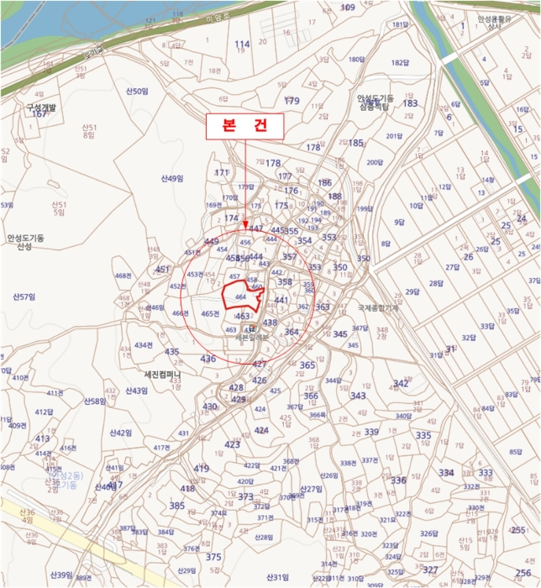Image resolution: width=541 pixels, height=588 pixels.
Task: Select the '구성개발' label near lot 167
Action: pyautogui.click(x=39, y=108)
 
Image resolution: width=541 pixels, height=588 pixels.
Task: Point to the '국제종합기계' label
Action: pyautogui.click(x=376, y=308)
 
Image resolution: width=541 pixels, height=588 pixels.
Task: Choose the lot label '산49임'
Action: pyautogui.click(x=171, y=178)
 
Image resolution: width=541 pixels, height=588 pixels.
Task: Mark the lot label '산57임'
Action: pyautogui.click(x=24, y=297)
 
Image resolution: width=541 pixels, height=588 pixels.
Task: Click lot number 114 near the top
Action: pyautogui.click(x=243, y=45)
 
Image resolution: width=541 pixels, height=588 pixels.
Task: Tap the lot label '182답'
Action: pyautogui.click(x=400, y=63)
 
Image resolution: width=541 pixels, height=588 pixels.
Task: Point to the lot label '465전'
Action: pyautogui.click(x=210, y=313)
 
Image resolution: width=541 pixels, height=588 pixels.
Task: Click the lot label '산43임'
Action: pyautogui.click(x=137, y=391)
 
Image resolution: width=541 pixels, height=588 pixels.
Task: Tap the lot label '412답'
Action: pyautogui.click(x=45, y=412)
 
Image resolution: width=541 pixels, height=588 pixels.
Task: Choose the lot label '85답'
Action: pyautogui.click(x=515, y=452)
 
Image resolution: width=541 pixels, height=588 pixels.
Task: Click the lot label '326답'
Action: pyautogui.click(x=428, y=533)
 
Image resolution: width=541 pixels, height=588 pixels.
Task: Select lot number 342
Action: pyautogui.click(x=401, y=383)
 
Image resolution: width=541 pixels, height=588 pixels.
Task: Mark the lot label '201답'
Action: pyautogui.click(x=394, y=136)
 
